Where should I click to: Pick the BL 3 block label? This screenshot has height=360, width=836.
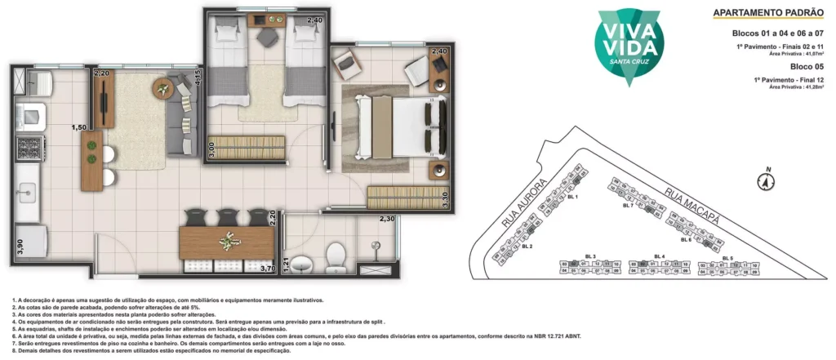click(589, 256)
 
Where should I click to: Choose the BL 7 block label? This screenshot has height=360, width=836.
click(628, 205)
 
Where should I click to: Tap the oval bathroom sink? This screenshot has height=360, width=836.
click(303, 264)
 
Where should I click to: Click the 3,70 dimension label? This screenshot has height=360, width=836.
click(266, 268)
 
